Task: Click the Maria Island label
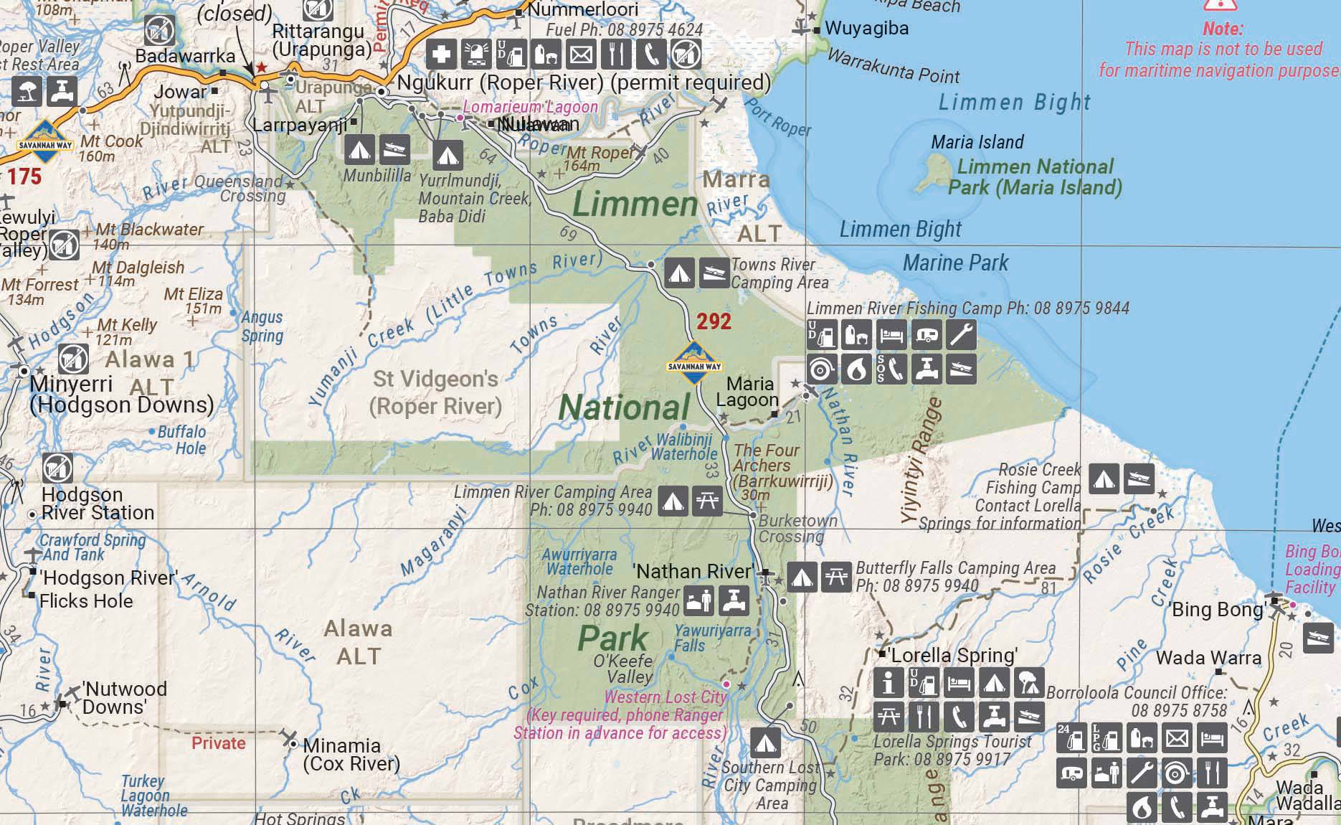(x=977, y=142)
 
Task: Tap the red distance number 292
(x=714, y=321)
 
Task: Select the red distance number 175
(x=24, y=176)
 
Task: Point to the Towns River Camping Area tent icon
(x=678, y=273)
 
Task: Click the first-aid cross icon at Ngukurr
(x=442, y=55)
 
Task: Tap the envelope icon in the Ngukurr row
(x=582, y=55)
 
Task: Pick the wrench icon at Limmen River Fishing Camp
(x=961, y=334)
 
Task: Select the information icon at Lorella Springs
(x=889, y=683)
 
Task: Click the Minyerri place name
(x=71, y=384)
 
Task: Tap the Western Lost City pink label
(x=665, y=697)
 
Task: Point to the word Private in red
(x=218, y=743)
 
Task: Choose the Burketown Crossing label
(x=797, y=529)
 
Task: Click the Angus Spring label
(x=262, y=326)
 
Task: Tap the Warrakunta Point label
(x=893, y=65)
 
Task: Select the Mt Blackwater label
(x=149, y=230)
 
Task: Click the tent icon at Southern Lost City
(x=765, y=743)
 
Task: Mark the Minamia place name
(x=341, y=745)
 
